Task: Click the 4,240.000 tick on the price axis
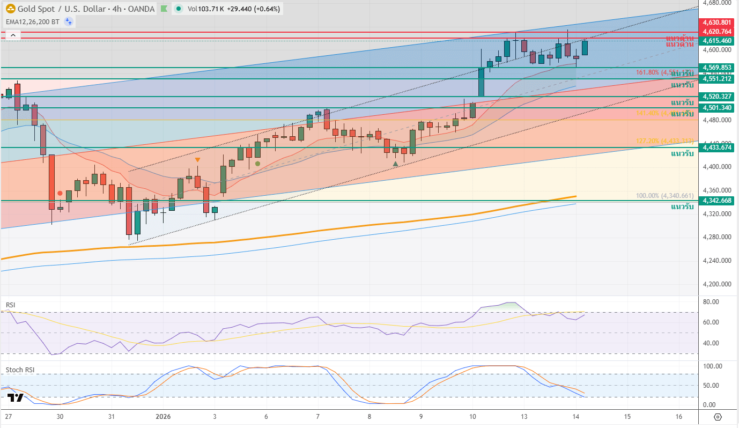(716, 261)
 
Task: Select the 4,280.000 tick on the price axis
(716, 237)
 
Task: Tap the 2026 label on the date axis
(162, 417)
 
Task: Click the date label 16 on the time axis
(679, 417)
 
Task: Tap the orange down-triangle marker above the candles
(197, 160)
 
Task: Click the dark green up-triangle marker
(395, 164)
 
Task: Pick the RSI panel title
(10, 305)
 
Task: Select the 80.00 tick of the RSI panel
(711, 302)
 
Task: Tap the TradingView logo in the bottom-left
(16, 397)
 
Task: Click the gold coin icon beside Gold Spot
(10, 9)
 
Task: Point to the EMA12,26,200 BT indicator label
(32, 21)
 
